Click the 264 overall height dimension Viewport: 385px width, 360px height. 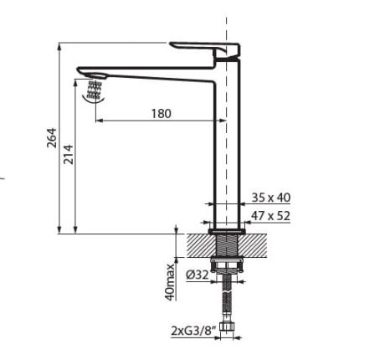point(51,139)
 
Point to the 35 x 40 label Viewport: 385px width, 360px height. point(270,198)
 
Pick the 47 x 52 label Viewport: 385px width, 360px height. point(270,215)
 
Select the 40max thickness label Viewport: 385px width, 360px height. point(170,281)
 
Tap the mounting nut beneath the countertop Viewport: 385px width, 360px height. point(226,267)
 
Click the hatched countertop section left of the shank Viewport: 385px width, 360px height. point(199,247)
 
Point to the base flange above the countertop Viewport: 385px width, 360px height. point(226,229)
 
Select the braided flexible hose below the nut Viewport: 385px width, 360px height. point(226,301)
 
